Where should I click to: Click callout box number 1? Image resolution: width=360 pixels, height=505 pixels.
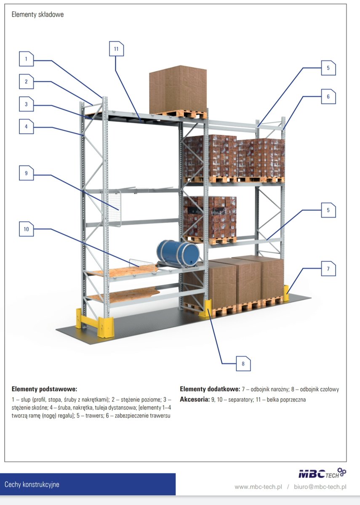(26, 59)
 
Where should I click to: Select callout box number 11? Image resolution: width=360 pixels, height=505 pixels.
(117, 49)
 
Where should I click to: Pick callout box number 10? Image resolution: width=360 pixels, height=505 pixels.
(26, 229)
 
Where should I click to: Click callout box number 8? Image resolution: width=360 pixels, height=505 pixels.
(243, 364)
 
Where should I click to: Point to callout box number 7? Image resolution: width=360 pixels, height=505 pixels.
(328, 268)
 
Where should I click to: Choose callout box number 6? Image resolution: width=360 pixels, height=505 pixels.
(328, 96)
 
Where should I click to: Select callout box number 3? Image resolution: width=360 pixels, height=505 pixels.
(26, 104)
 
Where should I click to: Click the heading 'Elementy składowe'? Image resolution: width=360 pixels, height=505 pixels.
(37, 15)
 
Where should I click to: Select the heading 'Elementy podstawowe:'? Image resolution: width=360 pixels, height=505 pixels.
(44, 389)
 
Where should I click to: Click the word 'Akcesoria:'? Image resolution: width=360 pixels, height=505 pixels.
(194, 399)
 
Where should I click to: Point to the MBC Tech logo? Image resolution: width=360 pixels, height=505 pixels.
(322, 473)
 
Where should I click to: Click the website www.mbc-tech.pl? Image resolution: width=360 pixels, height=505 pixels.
(258, 487)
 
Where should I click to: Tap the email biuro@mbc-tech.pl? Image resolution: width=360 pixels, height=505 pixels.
(320, 487)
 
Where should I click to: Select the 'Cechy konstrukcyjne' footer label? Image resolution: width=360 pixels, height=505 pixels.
(32, 484)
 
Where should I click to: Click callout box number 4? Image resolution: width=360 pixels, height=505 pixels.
(26, 127)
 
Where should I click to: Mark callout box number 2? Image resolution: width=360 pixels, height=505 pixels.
(26, 82)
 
